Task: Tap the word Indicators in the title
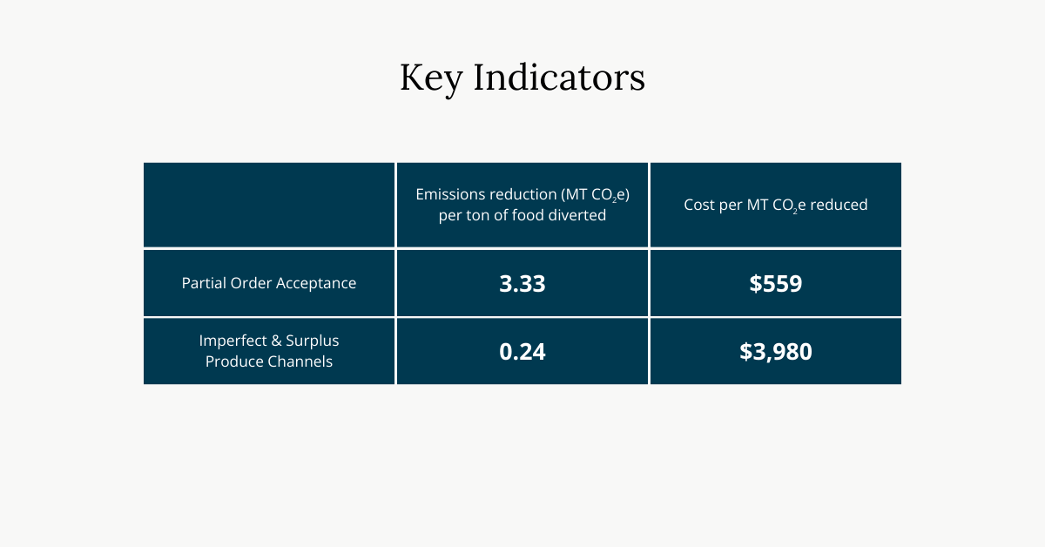pyautogui.click(x=560, y=78)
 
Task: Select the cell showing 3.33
pyautogui.click(x=522, y=283)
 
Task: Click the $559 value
pyautogui.click(x=775, y=283)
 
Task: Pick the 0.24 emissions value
pyautogui.click(x=522, y=351)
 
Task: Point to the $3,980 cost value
pyautogui.click(x=775, y=351)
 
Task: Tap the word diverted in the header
pyautogui.click(x=577, y=215)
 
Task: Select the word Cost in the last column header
pyautogui.click(x=699, y=205)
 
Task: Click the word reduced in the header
pyautogui.click(x=839, y=205)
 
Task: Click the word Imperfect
pyautogui.click(x=230, y=340)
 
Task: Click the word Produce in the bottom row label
pyautogui.click(x=233, y=361)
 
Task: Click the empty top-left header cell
pyautogui.click(x=269, y=205)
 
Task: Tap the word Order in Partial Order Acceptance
pyautogui.click(x=251, y=283)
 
